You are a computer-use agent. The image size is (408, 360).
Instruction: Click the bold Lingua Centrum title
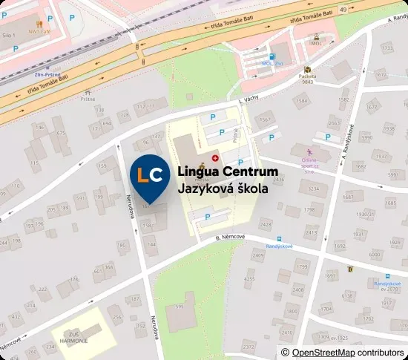(x=228, y=172)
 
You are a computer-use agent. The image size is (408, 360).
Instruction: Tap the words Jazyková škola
(x=223, y=189)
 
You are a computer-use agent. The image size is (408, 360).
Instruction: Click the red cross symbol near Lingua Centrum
(x=216, y=157)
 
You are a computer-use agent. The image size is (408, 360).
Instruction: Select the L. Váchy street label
(x=251, y=99)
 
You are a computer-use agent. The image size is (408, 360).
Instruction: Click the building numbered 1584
(x=301, y=101)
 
